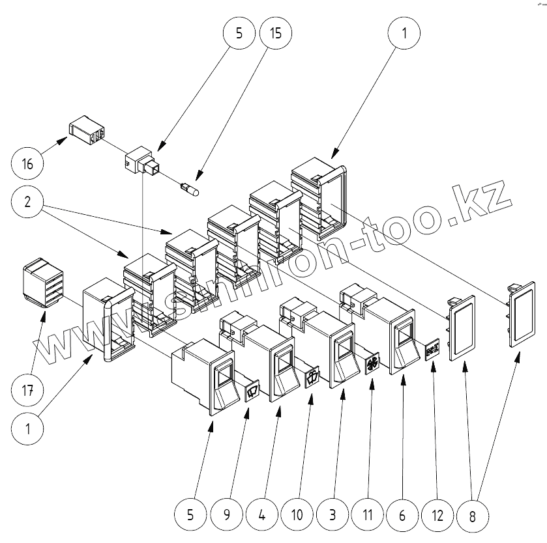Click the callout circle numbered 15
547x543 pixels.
[x=275, y=33]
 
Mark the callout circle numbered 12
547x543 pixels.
[x=437, y=514]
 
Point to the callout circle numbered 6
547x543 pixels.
[x=402, y=514]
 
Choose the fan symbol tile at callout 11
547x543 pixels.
[x=371, y=363]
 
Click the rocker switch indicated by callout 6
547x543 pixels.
[x=393, y=335]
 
